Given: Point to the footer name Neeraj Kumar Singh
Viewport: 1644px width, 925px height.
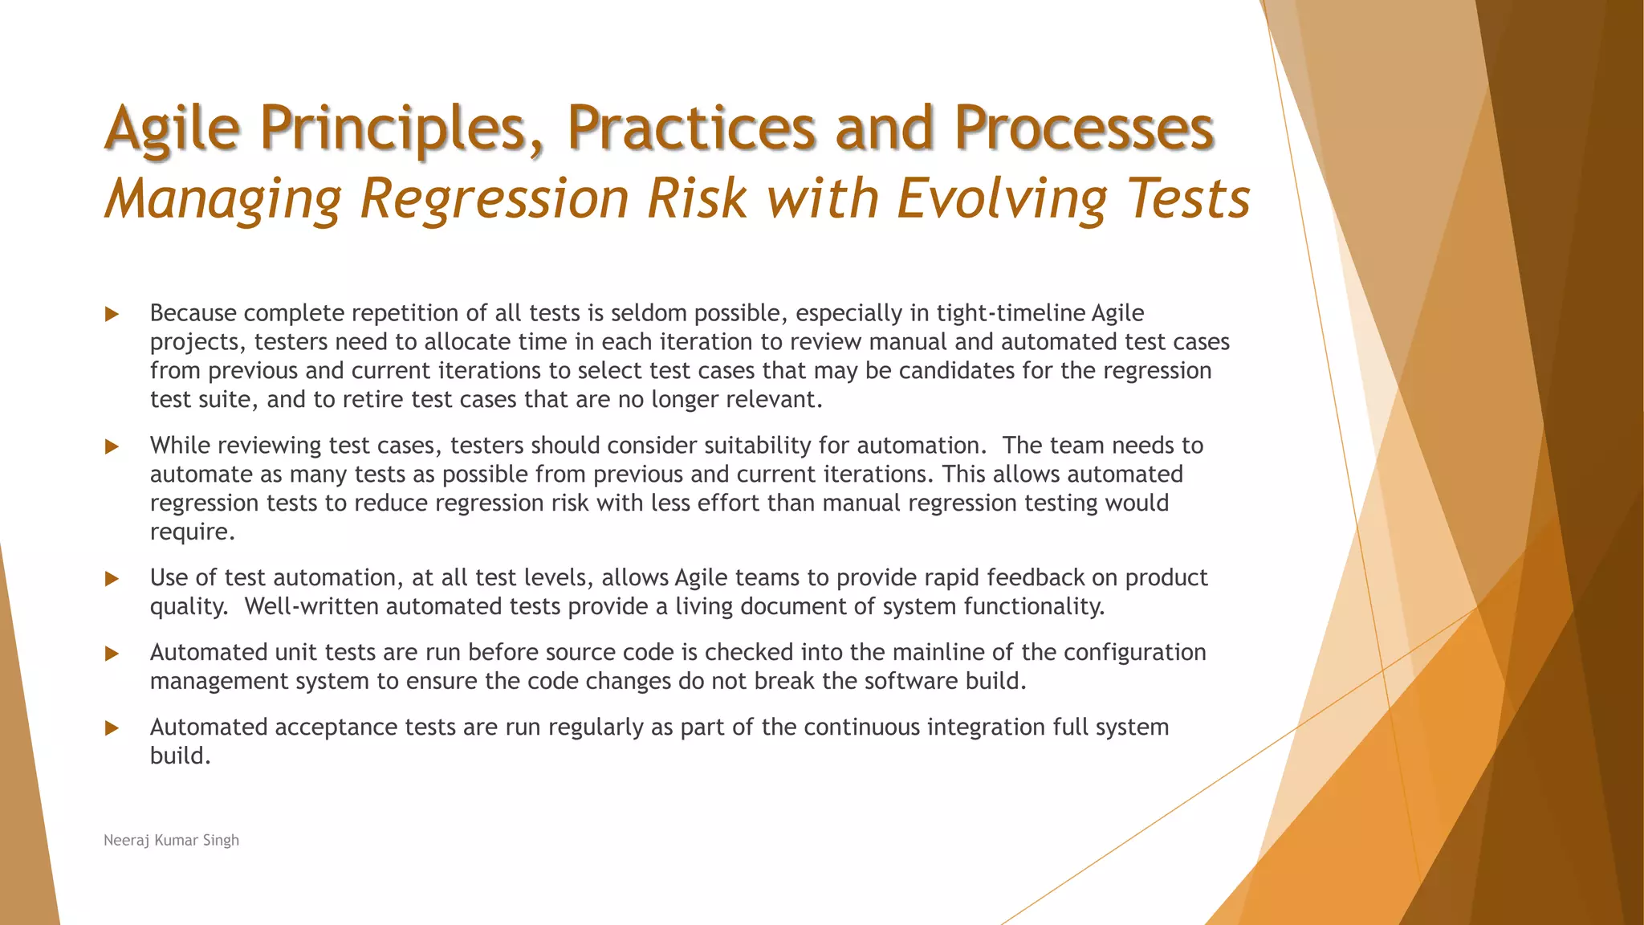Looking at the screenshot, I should (x=171, y=840).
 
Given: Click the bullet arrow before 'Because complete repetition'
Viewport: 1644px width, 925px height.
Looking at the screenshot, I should (x=112, y=314).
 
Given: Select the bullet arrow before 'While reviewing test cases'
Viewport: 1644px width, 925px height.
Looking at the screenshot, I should (x=112, y=446).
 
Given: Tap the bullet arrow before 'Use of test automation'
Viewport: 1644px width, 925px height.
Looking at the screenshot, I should (x=112, y=579).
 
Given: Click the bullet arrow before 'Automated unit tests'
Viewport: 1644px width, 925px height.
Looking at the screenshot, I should (x=112, y=654).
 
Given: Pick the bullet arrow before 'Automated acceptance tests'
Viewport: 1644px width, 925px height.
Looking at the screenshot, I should (x=112, y=728).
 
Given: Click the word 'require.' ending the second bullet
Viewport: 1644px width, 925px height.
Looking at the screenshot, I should (x=193, y=532).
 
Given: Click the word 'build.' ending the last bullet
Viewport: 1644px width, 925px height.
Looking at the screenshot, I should (x=180, y=756).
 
